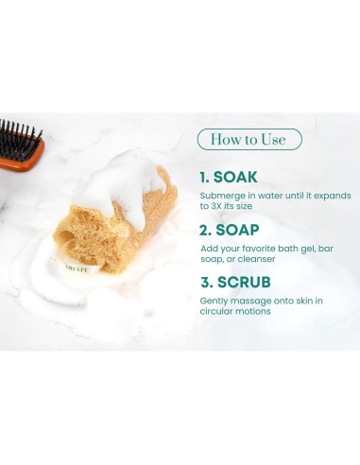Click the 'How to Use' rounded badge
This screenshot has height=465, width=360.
tap(249, 140)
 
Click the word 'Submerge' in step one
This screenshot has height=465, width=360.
tap(220, 196)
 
